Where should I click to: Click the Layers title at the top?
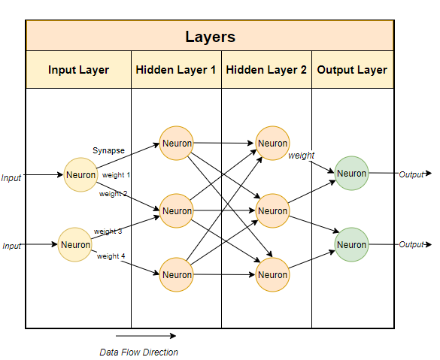click(x=210, y=36)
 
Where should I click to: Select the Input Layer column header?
click(x=78, y=70)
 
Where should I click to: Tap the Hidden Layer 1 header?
click(x=176, y=70)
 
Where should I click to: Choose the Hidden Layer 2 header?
click(x=266, y=70)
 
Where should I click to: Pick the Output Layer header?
click(x=352, y=70)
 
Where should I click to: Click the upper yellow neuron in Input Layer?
click(x=80, y=175)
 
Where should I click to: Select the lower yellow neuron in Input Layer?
click(x=75, y=244)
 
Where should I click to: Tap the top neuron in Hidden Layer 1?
click(x=177, y=143)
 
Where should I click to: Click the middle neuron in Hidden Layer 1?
click(x=177, y=211)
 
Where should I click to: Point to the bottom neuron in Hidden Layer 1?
click(x=177, y=275)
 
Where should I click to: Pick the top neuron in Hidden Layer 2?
click(x=272, y=143)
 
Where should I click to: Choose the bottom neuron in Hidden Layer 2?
click(x=272, y=275)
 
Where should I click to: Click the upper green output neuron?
click(x=351, y=174)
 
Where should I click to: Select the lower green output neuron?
click(x=351, y=245)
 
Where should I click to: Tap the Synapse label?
click(x=108, y=150)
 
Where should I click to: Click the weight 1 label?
click(x=116, y=175)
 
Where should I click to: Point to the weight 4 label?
click(x=111, y=256)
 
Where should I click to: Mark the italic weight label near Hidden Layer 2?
click(x=302, y=156)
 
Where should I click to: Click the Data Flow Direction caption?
click(x=138, y=352)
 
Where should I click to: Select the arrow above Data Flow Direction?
click(x=146, y=336)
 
